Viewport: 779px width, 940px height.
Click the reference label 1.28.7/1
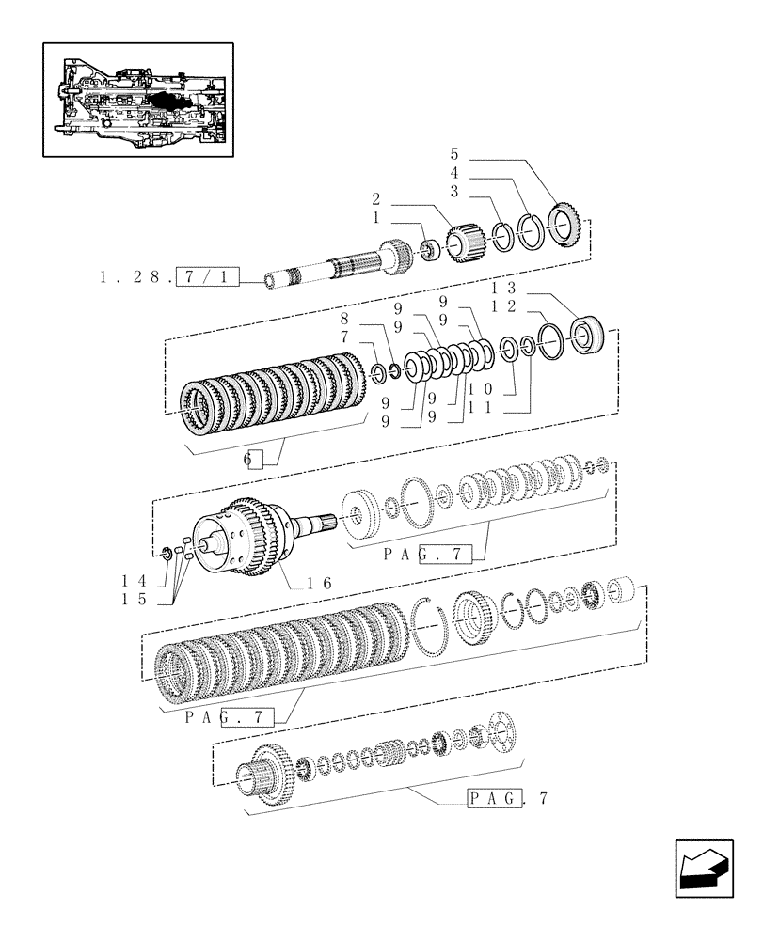coord(167,277)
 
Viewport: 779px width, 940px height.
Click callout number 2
coord(375,199)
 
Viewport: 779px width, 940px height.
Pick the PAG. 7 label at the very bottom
coord(506,800)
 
